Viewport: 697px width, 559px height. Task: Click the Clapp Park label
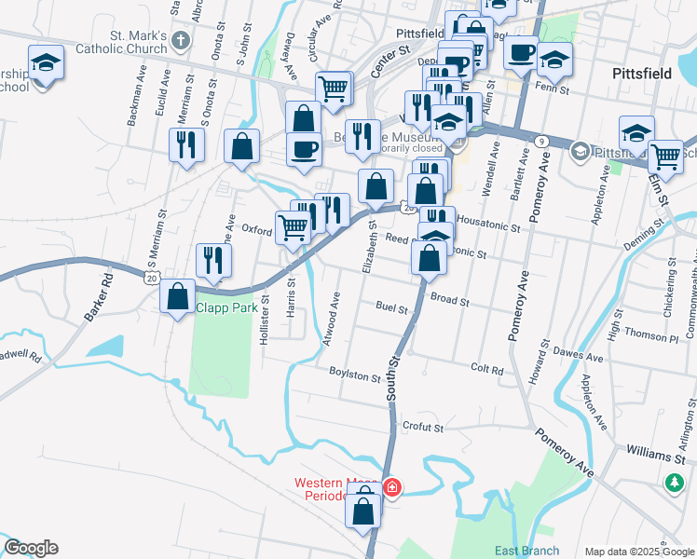[x=225, y=308]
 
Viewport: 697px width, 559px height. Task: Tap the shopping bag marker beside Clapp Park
[x=177, y=296]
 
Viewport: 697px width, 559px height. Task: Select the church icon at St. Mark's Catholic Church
[x=181, y=41]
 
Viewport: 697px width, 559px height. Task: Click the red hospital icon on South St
[x=392, y=486]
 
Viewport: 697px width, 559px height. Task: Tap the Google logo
[x=31, y=548]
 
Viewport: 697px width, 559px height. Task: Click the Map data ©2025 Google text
[x=638, y=552]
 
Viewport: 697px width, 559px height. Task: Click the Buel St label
[x=392, y=306]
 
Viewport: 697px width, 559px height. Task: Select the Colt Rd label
[x=487, y=369]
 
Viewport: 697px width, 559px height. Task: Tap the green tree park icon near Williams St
[x=674, y=483]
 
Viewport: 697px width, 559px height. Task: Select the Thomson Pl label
[x=645, y=334]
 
